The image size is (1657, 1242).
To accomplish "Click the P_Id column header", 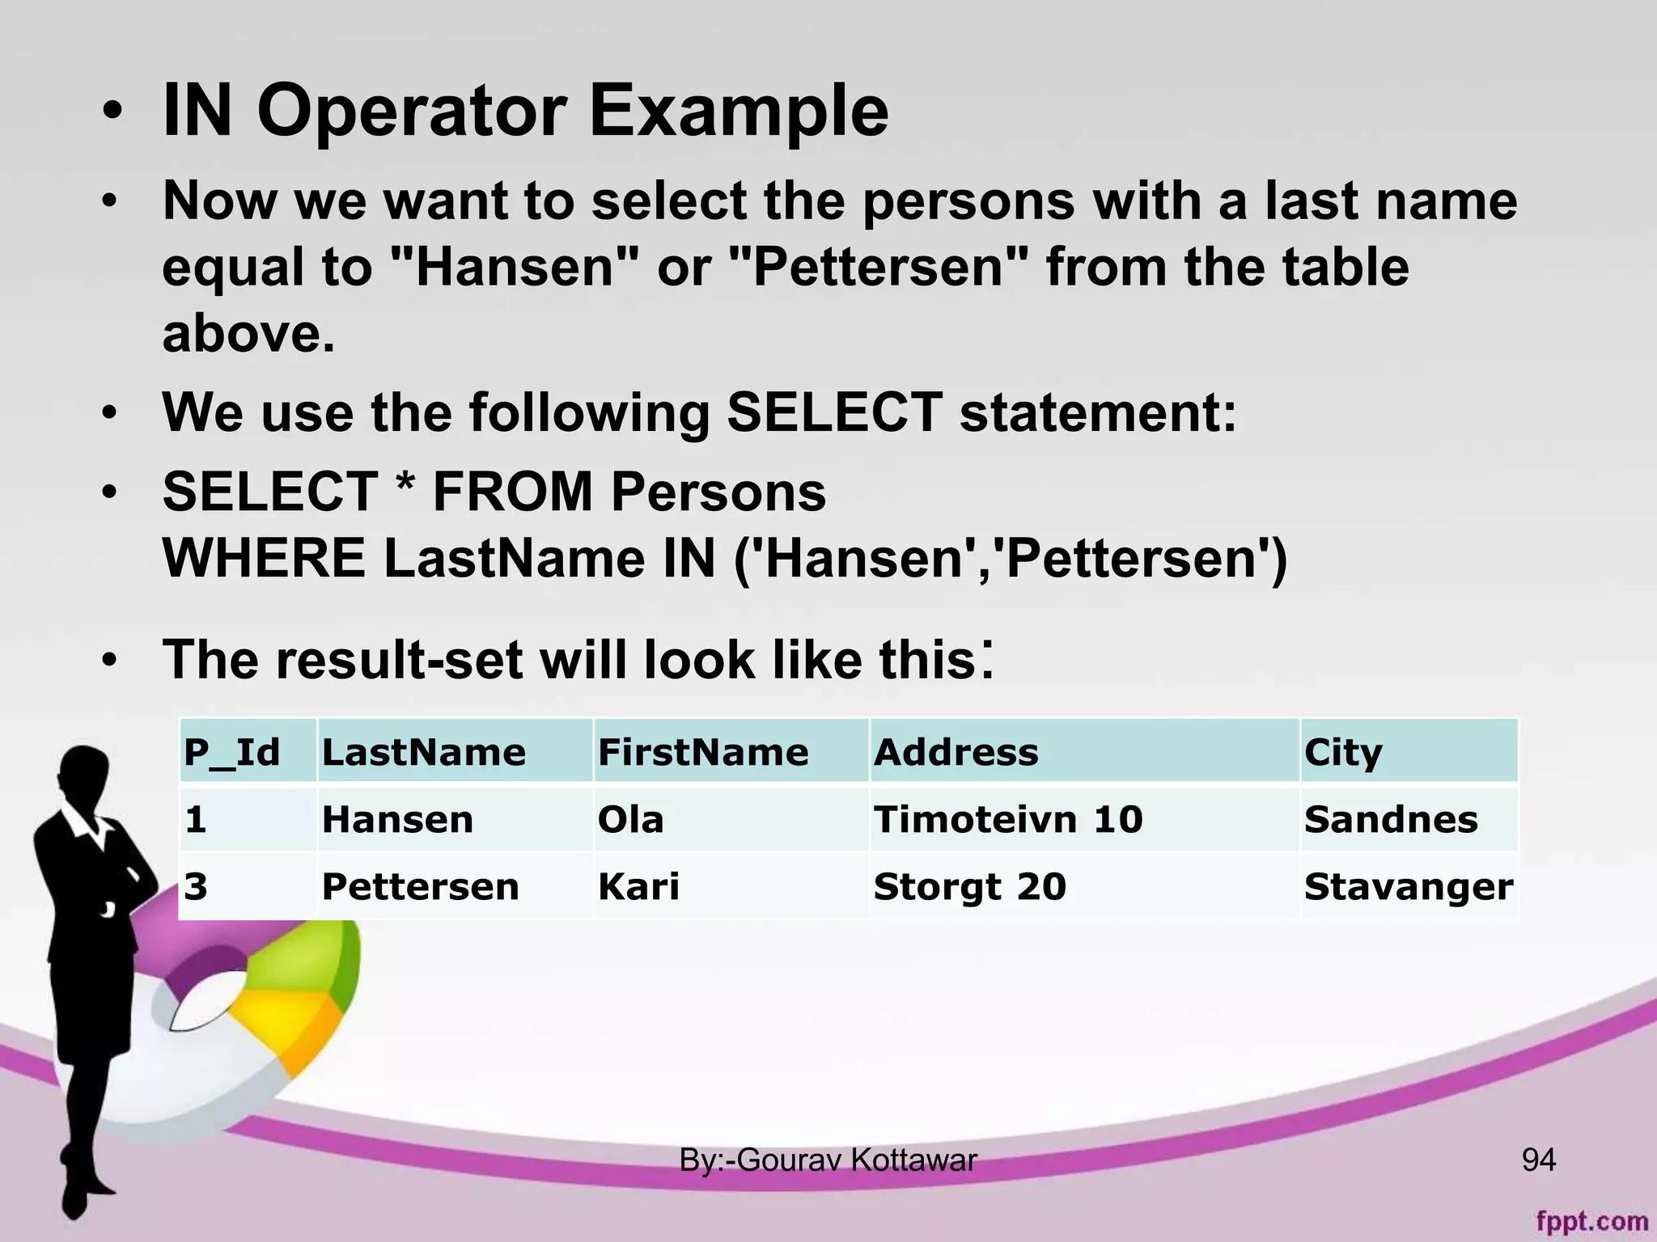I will (x=232, y=752).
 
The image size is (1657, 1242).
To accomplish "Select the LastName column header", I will (x=424, y=752).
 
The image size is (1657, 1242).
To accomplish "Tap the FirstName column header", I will (x=703, y=752).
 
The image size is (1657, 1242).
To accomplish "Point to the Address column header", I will (x=956, y=752).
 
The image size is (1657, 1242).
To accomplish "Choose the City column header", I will (x=1343, y=752).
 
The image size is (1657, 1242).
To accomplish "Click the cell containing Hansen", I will (x=397, y=819).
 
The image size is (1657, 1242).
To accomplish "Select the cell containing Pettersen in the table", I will (x=420, y=886).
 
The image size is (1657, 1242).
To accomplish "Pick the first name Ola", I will (x=630, y=819).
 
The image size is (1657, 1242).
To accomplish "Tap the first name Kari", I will (x=638, y=886).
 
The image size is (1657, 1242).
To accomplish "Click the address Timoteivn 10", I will (x=1008, y=819).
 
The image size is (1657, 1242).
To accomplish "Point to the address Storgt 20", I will (x=970, y=886).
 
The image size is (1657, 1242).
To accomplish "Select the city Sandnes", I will (x=1391, y=819).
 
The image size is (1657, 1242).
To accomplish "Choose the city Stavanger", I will (x=1409, y=886).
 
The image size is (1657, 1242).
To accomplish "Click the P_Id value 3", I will (x=196, y=886).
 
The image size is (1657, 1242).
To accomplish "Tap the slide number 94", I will (x=1538, y=1160).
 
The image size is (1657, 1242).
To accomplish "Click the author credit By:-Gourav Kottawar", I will (x=828, y=1160).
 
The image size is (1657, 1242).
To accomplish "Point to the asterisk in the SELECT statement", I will (x=405, y=488).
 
